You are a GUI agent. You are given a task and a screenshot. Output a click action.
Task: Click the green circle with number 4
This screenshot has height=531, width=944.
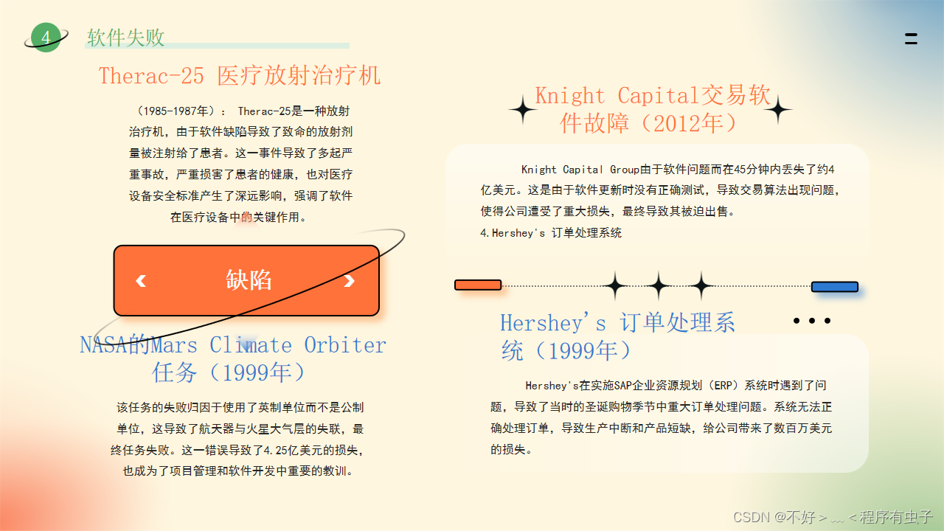click(46, 38)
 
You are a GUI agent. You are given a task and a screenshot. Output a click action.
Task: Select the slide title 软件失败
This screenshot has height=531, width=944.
click(125, 38)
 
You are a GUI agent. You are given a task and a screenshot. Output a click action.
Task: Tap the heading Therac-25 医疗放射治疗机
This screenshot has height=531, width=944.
click(240, 75)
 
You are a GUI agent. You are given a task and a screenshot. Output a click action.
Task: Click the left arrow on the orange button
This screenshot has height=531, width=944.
click(141, 280)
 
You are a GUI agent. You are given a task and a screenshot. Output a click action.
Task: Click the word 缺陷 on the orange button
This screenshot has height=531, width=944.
click(249, 280)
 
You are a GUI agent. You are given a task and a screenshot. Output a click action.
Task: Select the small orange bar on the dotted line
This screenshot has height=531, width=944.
click(478, 285)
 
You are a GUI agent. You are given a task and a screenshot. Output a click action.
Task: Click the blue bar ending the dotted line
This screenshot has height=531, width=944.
click(834, 287)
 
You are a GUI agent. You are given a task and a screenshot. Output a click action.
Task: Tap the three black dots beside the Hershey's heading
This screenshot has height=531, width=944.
click(812, 321)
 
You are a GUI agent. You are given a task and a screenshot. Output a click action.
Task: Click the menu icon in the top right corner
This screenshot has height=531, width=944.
click(911, 39)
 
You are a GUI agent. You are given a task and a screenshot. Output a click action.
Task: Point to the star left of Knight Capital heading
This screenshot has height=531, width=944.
click(524, 110)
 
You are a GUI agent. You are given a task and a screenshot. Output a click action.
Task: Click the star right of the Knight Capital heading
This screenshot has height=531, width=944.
click(777, 111)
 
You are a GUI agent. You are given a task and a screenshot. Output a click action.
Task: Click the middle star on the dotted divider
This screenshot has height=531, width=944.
click(658, 285)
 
